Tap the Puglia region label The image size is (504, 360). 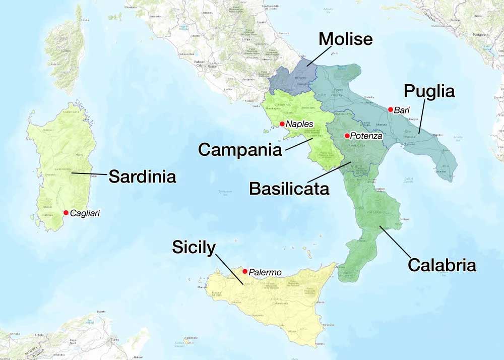(430, 91)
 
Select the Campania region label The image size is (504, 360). (240, 149)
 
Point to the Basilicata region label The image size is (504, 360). (289, 189)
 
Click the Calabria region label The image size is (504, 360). (442, 265)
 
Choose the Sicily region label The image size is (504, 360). (194, 247)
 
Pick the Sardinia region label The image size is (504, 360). (142, 176)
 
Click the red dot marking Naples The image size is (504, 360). (282, 124)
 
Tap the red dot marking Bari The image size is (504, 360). (390, 109)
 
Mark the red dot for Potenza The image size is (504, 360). (347, 136)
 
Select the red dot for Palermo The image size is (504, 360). (244, 271)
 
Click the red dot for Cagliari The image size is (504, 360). (66, 213)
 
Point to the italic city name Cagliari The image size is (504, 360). (85, 213)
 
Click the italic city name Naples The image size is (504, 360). (299, 124)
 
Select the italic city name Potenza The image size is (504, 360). (366, 136)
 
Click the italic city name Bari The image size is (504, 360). (403, 110)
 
